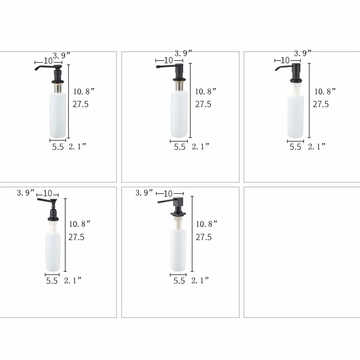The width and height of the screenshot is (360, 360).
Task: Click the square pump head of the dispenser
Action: coord(178,202)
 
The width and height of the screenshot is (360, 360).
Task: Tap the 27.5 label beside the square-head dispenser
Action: coord(204,237)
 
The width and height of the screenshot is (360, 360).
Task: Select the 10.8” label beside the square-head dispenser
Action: coord(207,224)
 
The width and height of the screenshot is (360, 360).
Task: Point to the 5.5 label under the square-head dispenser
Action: coord(179,281)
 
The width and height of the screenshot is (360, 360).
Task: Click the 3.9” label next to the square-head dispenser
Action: coord(144,193)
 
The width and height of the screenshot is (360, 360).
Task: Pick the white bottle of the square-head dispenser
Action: coord(178,250)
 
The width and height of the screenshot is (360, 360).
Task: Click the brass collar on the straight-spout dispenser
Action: coord(179,86)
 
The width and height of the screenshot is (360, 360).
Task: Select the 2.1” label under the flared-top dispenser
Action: coord(72,280)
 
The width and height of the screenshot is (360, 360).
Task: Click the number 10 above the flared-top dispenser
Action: coord(48,193)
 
